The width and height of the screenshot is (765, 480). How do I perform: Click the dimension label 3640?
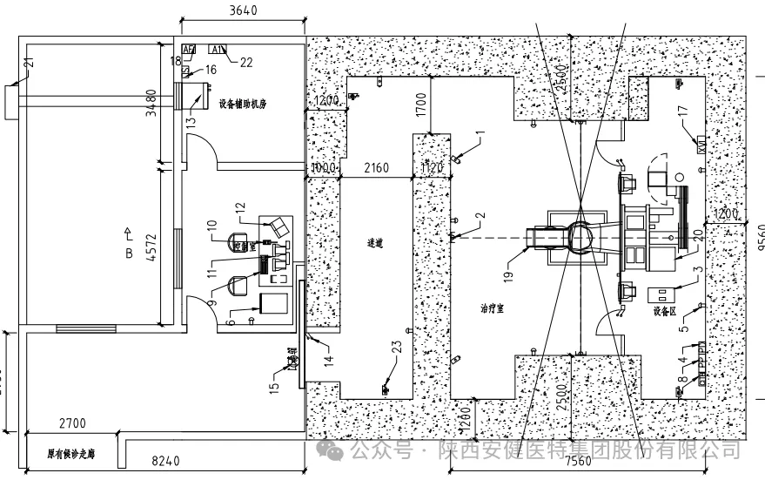[x=244, y=11]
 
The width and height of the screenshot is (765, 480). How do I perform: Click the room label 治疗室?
[x=494, y=308]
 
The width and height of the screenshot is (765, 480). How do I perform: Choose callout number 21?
[x=28, y=63]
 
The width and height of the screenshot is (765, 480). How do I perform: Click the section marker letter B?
[x=129, y=254]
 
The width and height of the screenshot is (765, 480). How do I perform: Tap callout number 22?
[x=246, y=61]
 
